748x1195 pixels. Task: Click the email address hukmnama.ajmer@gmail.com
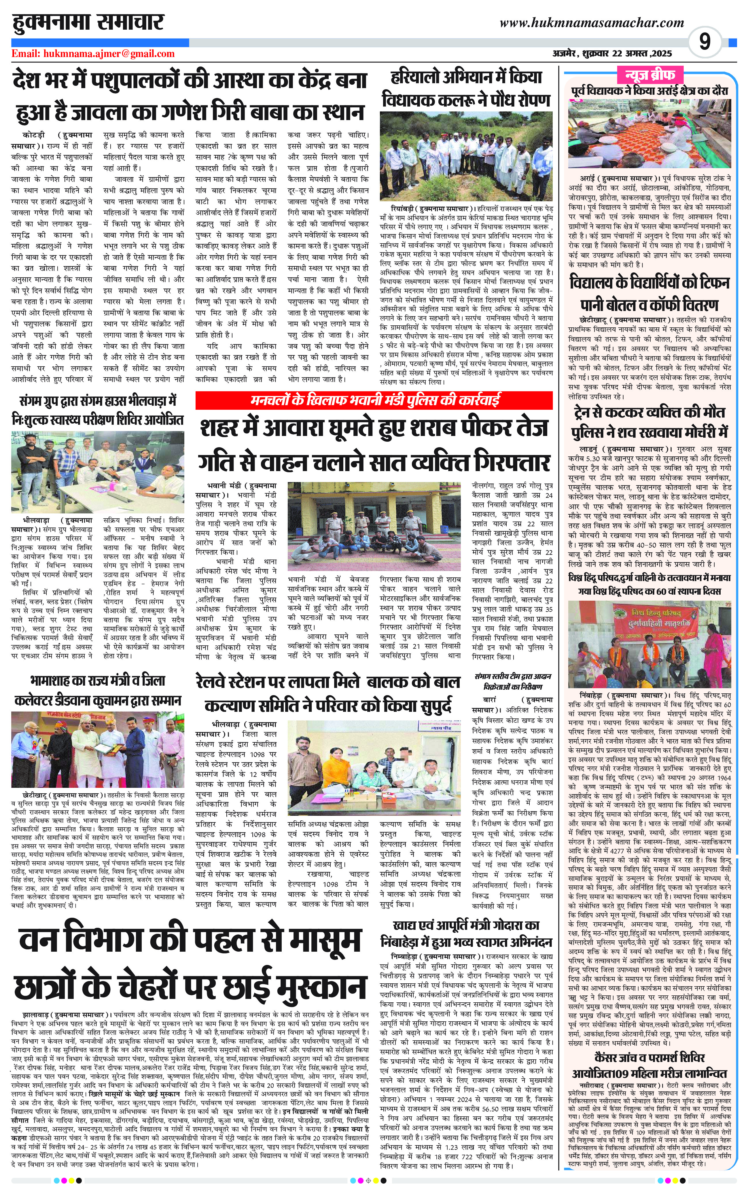click(x=93, y=54)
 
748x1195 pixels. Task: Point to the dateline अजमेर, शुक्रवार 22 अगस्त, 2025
click(x=612, y=54)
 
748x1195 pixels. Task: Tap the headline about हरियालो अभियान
click(x=466, y=89)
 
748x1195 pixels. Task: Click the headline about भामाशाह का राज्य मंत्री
click(x=97, y=691)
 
